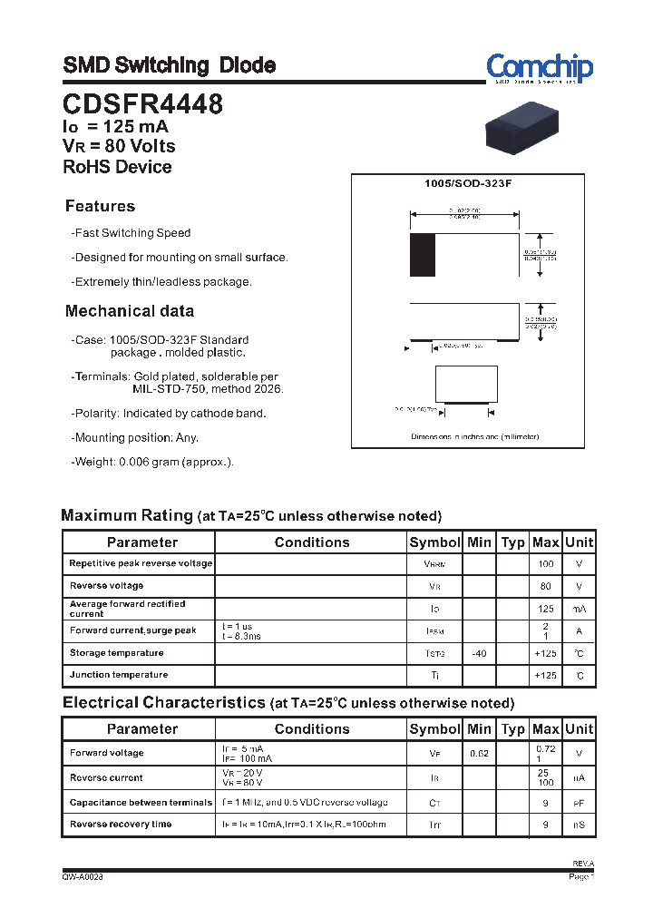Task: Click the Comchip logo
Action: (x=539, y=68)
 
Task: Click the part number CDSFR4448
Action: (x=143, y=104)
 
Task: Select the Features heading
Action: (x=100, y=206)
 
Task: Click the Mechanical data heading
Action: (x=129, y=311)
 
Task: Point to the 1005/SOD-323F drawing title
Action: (x=468, y=184)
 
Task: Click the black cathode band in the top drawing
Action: (x=422, y=255)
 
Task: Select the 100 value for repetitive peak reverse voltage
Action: (x=545, y=564)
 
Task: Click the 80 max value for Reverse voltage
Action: (x=545, y=586)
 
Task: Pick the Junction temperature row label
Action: (x=119, y=675)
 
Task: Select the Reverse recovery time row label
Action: (x=121, y=825)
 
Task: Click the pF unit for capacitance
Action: (x=579, y=803)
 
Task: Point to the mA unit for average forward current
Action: (x=579, y=609)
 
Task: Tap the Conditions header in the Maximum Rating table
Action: (x=311, y=542)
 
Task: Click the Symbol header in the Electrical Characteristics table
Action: (x=434, y=729)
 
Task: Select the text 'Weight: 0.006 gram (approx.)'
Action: (x=154, y=462)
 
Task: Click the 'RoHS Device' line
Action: (x=117, y=167)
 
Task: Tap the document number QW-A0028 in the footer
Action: (x=83, y=877)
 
